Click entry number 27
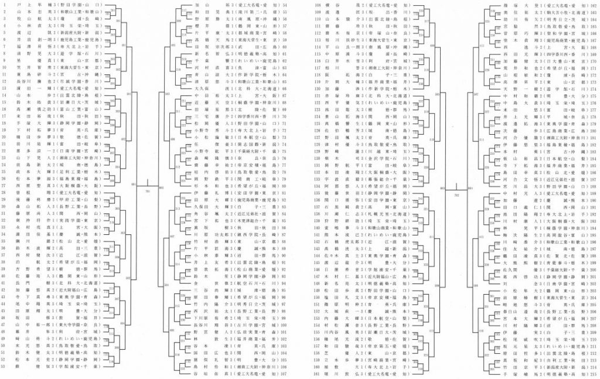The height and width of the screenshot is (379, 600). pos(5,185)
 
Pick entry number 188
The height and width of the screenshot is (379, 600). pos(592,185)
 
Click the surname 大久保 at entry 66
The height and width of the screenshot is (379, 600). pos(198,88)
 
